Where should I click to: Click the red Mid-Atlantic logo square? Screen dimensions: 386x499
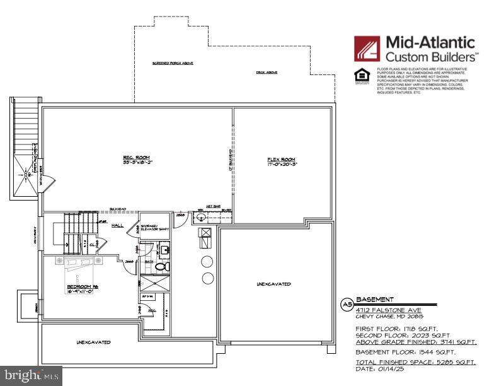[367, 49]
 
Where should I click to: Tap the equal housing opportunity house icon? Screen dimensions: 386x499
[362, 78]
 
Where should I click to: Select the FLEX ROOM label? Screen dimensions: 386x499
[281, 160]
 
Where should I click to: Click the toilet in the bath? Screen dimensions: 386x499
[160, 267]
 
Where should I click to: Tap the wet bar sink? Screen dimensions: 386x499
[200, 218]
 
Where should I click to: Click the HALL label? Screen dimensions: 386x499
[118, 225]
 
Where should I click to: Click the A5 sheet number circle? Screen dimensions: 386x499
[346, 304]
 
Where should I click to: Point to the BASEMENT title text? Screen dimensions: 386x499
[375, 300]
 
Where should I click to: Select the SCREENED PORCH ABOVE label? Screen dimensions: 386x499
[173, 64]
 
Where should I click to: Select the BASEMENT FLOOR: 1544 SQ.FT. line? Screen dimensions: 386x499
[406, 352]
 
